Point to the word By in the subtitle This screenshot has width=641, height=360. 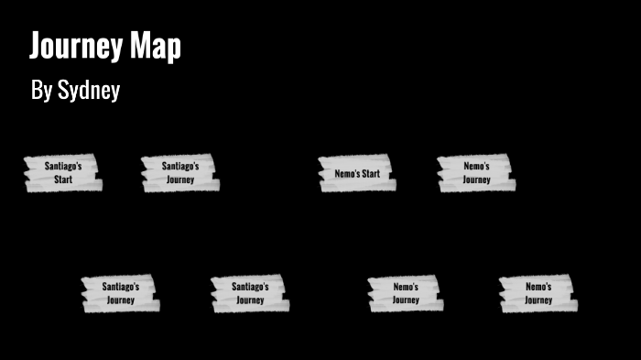pos(41,90)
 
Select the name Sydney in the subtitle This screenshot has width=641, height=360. pos(89,91)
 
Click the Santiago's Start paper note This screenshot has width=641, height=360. pos(63,173)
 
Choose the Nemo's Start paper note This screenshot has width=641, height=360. pos(356,173)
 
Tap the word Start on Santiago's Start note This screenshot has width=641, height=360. pos(63,180)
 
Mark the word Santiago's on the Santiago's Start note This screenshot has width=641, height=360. pos(63,167)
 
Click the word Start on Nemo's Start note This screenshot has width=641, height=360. pos(371,173)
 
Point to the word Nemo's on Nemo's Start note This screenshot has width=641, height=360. pos(346,173)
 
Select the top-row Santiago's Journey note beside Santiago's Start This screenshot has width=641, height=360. pos(179,173)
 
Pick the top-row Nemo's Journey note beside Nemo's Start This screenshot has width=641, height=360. pos(476,173)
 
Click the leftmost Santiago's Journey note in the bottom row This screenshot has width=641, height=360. pos(120,293)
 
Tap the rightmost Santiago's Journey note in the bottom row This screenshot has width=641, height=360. pos(250,293)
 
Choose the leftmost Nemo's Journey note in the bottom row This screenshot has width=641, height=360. pos(406,293)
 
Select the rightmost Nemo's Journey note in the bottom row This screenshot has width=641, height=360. pos(538,293)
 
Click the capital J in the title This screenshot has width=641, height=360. pos(37,46)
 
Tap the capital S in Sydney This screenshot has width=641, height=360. pos(63,90)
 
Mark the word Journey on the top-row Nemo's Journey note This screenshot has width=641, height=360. pos(476,180)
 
